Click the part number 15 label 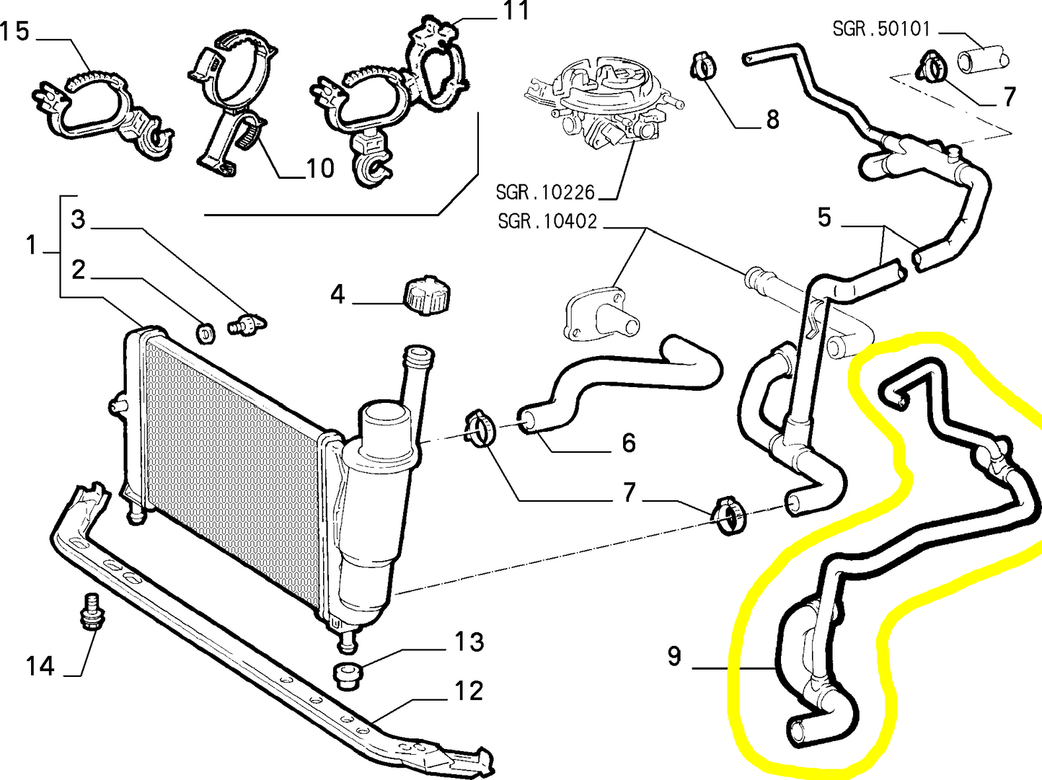(14, 32)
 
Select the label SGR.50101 (881, 29)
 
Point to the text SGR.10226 (545, 192)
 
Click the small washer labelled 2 (206, 332)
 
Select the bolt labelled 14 (91, 613)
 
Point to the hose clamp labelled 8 (704, 67)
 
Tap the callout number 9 (674, 656)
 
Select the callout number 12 (468, 691)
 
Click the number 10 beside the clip (320, 169)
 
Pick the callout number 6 (629, 443)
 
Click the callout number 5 (824, 217)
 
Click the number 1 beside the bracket (31, 246)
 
